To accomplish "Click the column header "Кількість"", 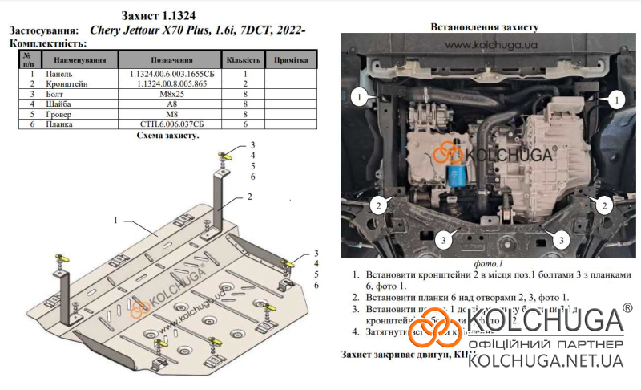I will pos(243,59).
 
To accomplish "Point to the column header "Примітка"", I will pos(291,59).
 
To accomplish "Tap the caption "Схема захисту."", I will pos(167,136).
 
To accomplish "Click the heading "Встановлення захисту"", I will pos(484,26).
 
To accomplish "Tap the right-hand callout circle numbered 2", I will pos(601,205).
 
